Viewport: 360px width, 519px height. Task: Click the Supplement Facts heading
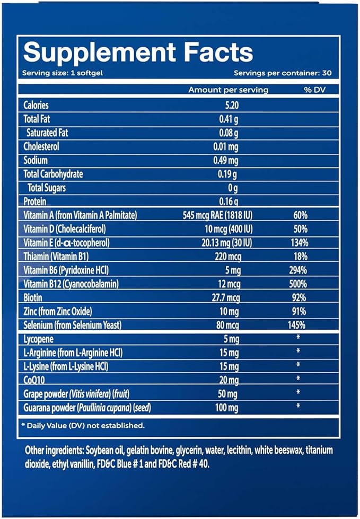coord(138,53)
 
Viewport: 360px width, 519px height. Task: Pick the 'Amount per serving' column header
coord(228,90)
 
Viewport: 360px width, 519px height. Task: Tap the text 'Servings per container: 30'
coord(279,73)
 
